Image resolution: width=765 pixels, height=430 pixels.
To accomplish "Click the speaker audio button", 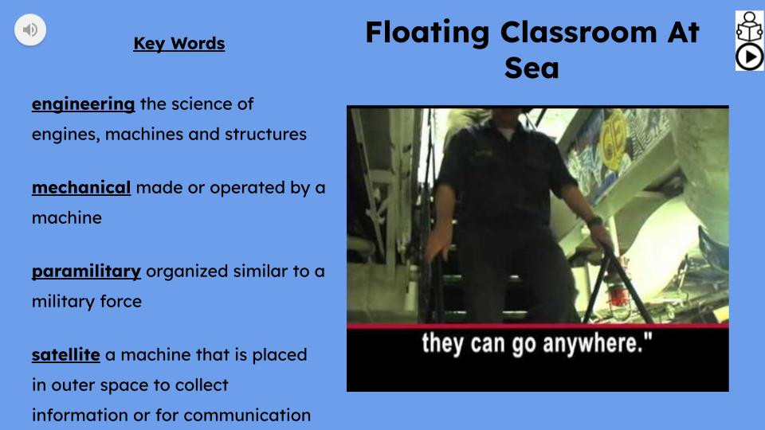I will (30, 30).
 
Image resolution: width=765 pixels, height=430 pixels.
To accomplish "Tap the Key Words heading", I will (178, 44).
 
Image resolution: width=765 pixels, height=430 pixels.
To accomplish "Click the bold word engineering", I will (83, 104).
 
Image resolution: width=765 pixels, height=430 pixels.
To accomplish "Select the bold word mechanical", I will (81, 188).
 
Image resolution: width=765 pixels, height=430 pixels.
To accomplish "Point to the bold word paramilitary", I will (86, 272).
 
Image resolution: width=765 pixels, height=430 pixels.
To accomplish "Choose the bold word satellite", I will (65, 354).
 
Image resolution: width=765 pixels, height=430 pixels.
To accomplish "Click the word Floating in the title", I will (427, 33).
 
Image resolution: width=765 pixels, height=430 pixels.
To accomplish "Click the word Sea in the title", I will (532, 68).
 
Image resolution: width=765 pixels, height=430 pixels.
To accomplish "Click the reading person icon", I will (749, 25).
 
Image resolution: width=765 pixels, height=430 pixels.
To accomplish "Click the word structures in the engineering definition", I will (267, 134).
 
